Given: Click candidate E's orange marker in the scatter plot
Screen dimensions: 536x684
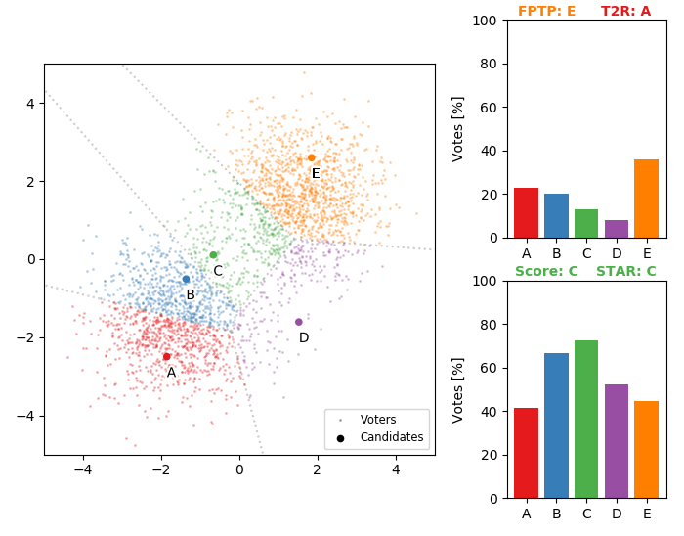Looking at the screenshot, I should (312, 157).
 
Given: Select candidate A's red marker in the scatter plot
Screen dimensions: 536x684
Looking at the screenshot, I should (166, 357).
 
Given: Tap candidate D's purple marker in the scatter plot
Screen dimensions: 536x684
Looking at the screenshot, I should (299, 322).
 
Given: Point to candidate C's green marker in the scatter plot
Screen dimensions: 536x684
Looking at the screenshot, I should (213, 255).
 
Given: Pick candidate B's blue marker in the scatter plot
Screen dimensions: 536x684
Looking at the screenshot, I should (186, 279).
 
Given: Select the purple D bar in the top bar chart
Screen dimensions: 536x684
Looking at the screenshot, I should (617, 229).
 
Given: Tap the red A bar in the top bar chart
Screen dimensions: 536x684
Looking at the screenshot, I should (526, 212).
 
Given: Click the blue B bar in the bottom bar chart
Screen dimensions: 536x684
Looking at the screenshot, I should (556, 425).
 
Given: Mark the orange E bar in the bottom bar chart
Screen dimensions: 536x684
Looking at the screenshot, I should (646, 449).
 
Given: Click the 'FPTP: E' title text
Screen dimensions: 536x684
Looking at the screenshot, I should (546, 12).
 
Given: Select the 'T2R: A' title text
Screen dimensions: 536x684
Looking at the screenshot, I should (625, 12).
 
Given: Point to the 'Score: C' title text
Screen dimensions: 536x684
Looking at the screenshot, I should (546, 271).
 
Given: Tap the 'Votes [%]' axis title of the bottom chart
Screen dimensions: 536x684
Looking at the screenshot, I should (458, 389).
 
